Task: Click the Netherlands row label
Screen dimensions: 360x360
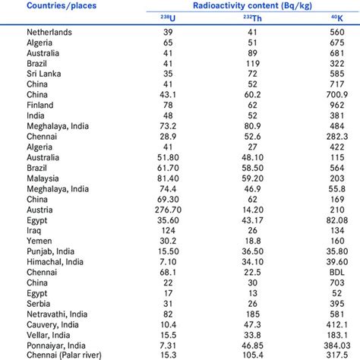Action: point(50,33)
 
